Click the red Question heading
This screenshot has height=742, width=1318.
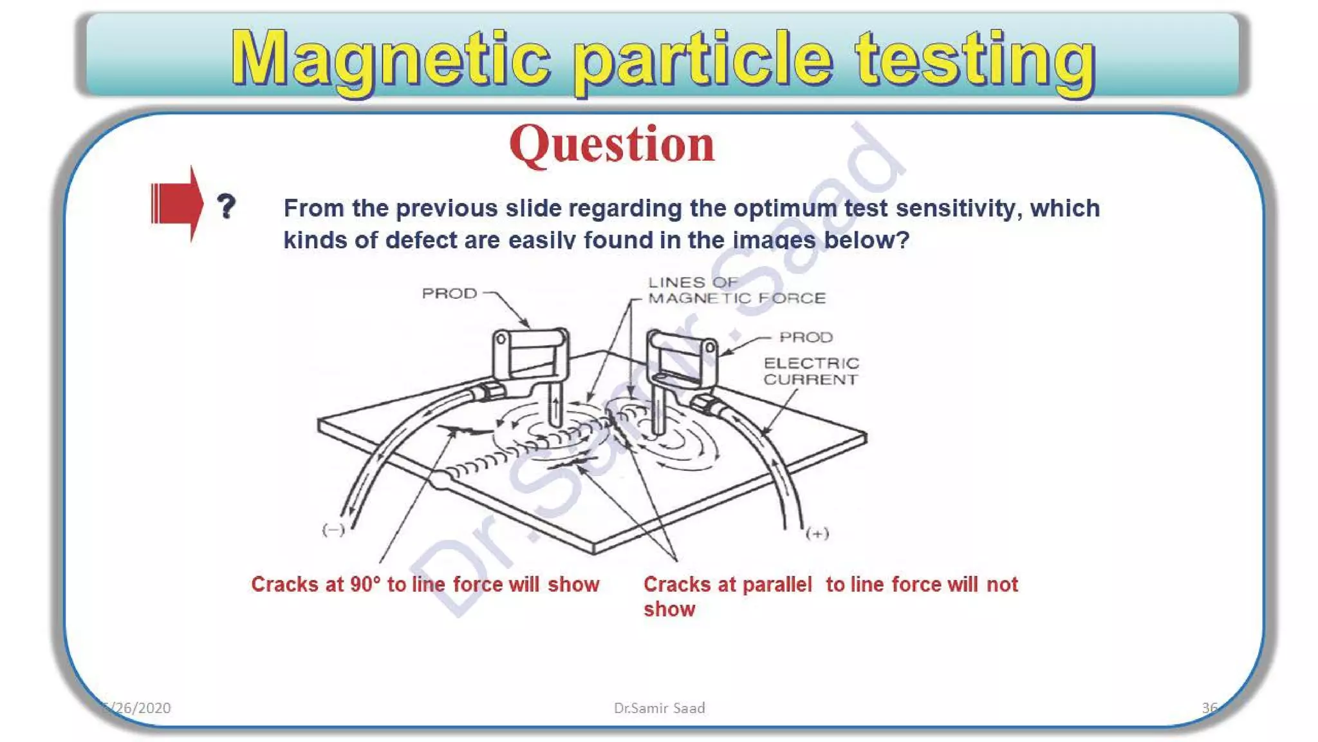[x=611, y=144]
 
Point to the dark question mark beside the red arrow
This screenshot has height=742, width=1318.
[x=226, y=206]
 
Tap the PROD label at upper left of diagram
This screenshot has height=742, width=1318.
[x=449, y=294]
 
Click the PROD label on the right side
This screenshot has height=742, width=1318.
[x=806, y=338]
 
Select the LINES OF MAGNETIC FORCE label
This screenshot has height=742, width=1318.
[x=735, y=290]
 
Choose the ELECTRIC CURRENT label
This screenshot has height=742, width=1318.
[x=811, y=372]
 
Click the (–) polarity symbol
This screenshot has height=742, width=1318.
[x=333, y=530]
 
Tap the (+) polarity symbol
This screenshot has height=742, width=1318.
[x=817, y=533]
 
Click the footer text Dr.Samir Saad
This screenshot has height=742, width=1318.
[x=659, y=709]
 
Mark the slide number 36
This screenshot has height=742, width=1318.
[x=1209, y=709]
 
